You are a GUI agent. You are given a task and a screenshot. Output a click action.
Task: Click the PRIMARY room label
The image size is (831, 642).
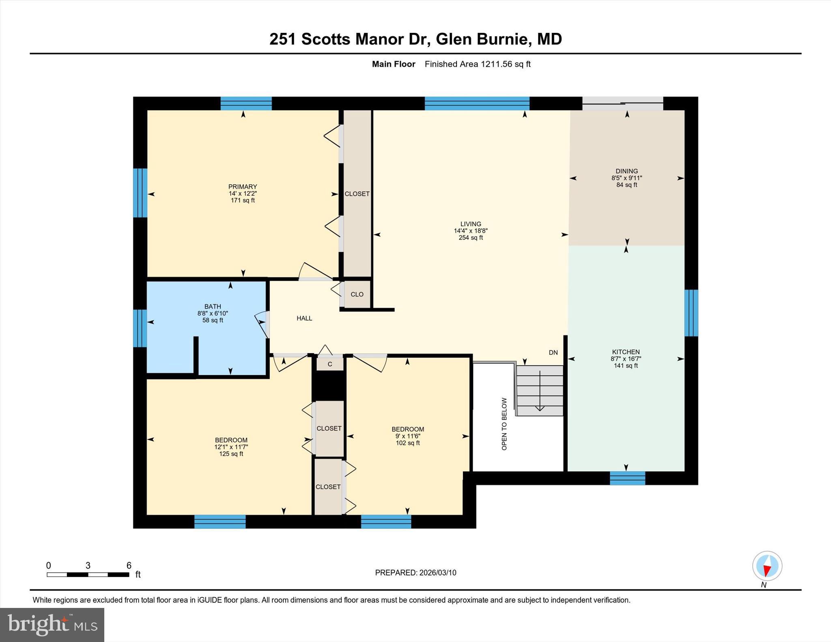[x=243, y=187]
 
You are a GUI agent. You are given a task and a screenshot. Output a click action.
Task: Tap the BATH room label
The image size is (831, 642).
[x=213, y=307]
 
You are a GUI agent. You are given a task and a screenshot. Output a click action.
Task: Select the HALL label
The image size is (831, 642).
[x=304, y=318]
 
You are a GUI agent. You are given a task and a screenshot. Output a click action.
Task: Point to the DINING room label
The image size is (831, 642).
[x=627, y=171]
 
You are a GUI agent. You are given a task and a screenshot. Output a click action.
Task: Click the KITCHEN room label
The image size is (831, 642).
[x=626, y=352]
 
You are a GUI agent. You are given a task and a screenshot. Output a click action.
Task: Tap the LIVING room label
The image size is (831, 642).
[x=471, y=224]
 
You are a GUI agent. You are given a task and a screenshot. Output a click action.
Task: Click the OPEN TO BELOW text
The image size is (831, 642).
[x=504, y=424]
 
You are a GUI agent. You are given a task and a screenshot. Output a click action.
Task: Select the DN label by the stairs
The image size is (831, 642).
[x=553, y=352]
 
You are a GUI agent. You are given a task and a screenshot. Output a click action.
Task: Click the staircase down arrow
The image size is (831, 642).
[x=540, y=391]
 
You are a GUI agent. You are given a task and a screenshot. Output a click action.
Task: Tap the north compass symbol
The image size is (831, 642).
[x=767, y=566]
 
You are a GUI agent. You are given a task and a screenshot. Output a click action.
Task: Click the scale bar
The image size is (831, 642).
[x=88, y=574]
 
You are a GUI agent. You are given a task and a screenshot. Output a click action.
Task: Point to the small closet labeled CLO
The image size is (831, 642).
[x=357, y=294]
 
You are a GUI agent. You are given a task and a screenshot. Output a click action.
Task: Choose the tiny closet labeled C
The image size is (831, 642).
[x=330, y=364]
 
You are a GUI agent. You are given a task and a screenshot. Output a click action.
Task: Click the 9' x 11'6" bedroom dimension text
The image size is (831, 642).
[x=408, y=436]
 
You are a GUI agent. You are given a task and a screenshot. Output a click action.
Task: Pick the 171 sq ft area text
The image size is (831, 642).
[x=243, y=200]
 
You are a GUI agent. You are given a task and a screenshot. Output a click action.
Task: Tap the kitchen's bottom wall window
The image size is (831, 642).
[x=627, y=478]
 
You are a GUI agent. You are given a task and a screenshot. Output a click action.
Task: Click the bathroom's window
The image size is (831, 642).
[x=140, y=329]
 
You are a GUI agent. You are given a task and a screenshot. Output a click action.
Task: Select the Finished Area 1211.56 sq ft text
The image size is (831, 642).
[x=478, y=64]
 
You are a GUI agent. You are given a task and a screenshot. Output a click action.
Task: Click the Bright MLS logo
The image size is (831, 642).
[x=52, y=625]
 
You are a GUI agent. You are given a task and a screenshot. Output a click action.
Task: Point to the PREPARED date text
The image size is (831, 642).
[x=415, y=573]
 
